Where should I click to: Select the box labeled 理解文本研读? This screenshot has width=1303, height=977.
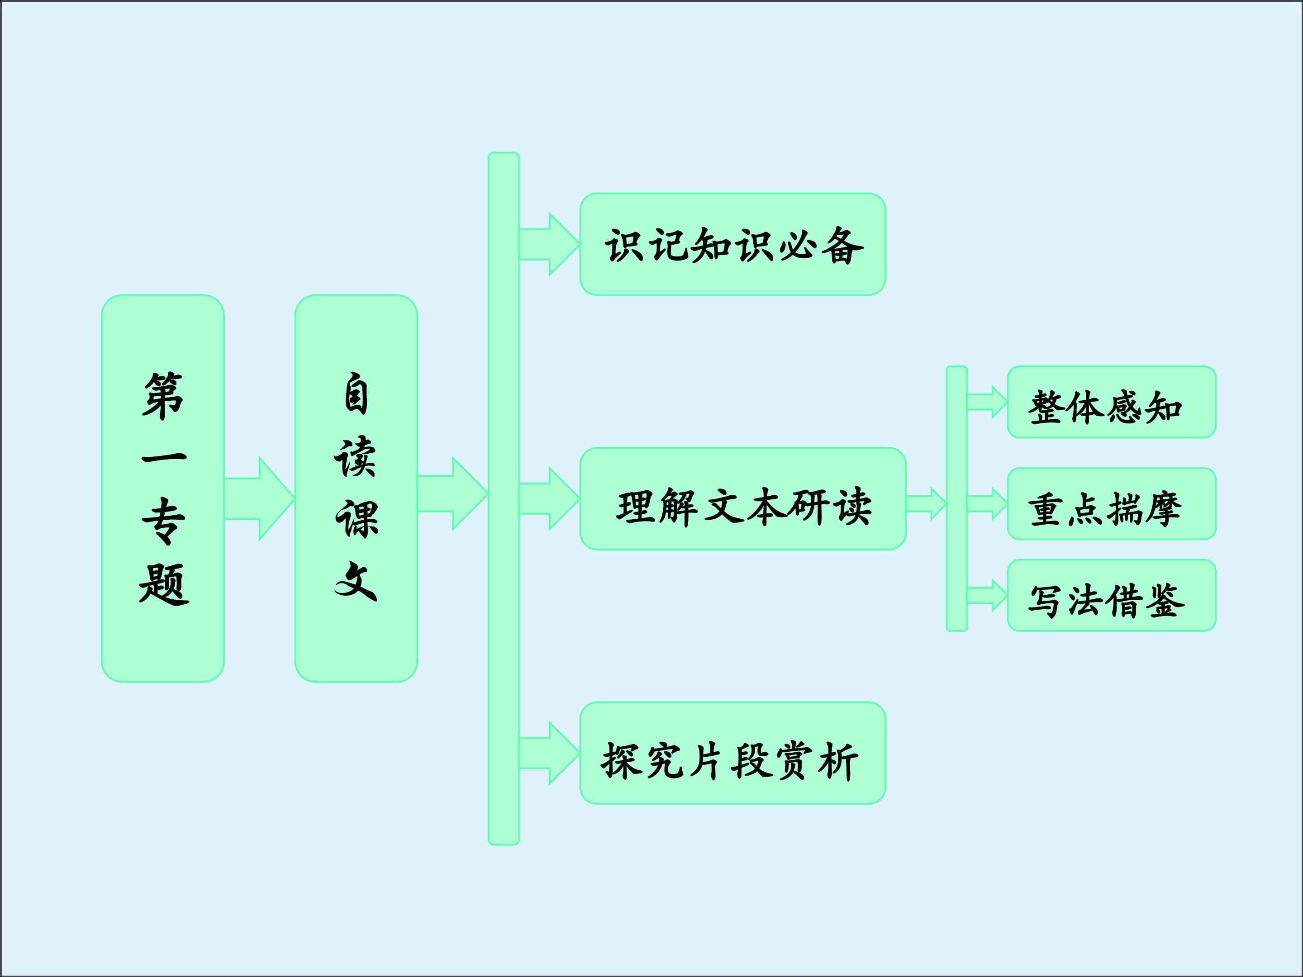coord(742,499)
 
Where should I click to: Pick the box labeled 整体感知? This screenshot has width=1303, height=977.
coord(1111,402)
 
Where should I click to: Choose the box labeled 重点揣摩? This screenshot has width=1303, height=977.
coord(1111,503)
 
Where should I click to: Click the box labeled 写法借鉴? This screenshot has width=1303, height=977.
coord(1111,595)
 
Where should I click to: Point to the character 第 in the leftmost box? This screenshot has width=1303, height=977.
coord(163,396)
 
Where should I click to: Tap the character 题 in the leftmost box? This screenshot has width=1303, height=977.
coord(163,584)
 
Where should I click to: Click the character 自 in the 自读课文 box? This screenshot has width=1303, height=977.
coord(356,394)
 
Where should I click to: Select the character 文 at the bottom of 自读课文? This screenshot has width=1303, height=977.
coord(356,581)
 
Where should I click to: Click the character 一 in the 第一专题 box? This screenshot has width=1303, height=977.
coord(163,458)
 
